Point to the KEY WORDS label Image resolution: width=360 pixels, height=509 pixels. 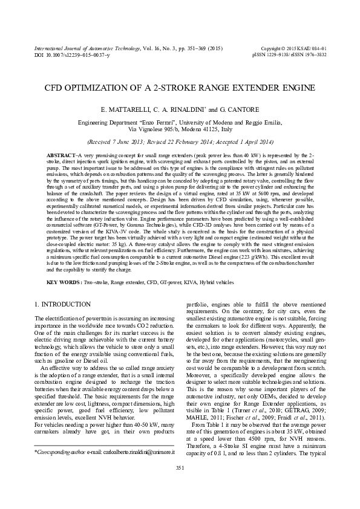point(64,282)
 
